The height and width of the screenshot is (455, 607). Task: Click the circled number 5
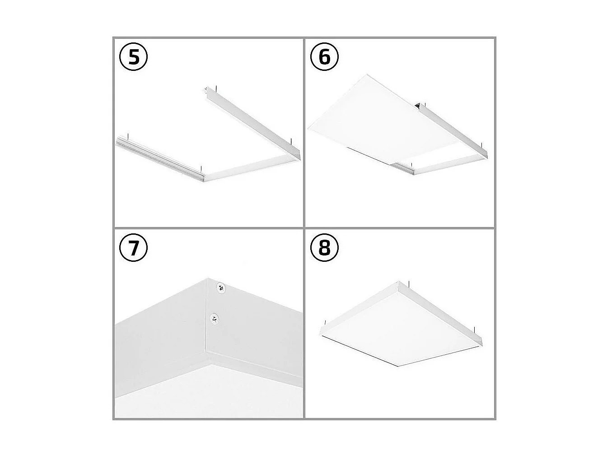pos(134,58)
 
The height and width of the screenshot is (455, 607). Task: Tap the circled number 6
pos(324,58)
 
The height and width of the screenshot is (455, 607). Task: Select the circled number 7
pos(134,248)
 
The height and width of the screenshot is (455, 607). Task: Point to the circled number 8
pos(324,248)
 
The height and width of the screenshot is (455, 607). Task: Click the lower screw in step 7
pos(214,319)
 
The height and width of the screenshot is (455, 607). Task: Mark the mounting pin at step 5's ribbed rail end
pos(128,135)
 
